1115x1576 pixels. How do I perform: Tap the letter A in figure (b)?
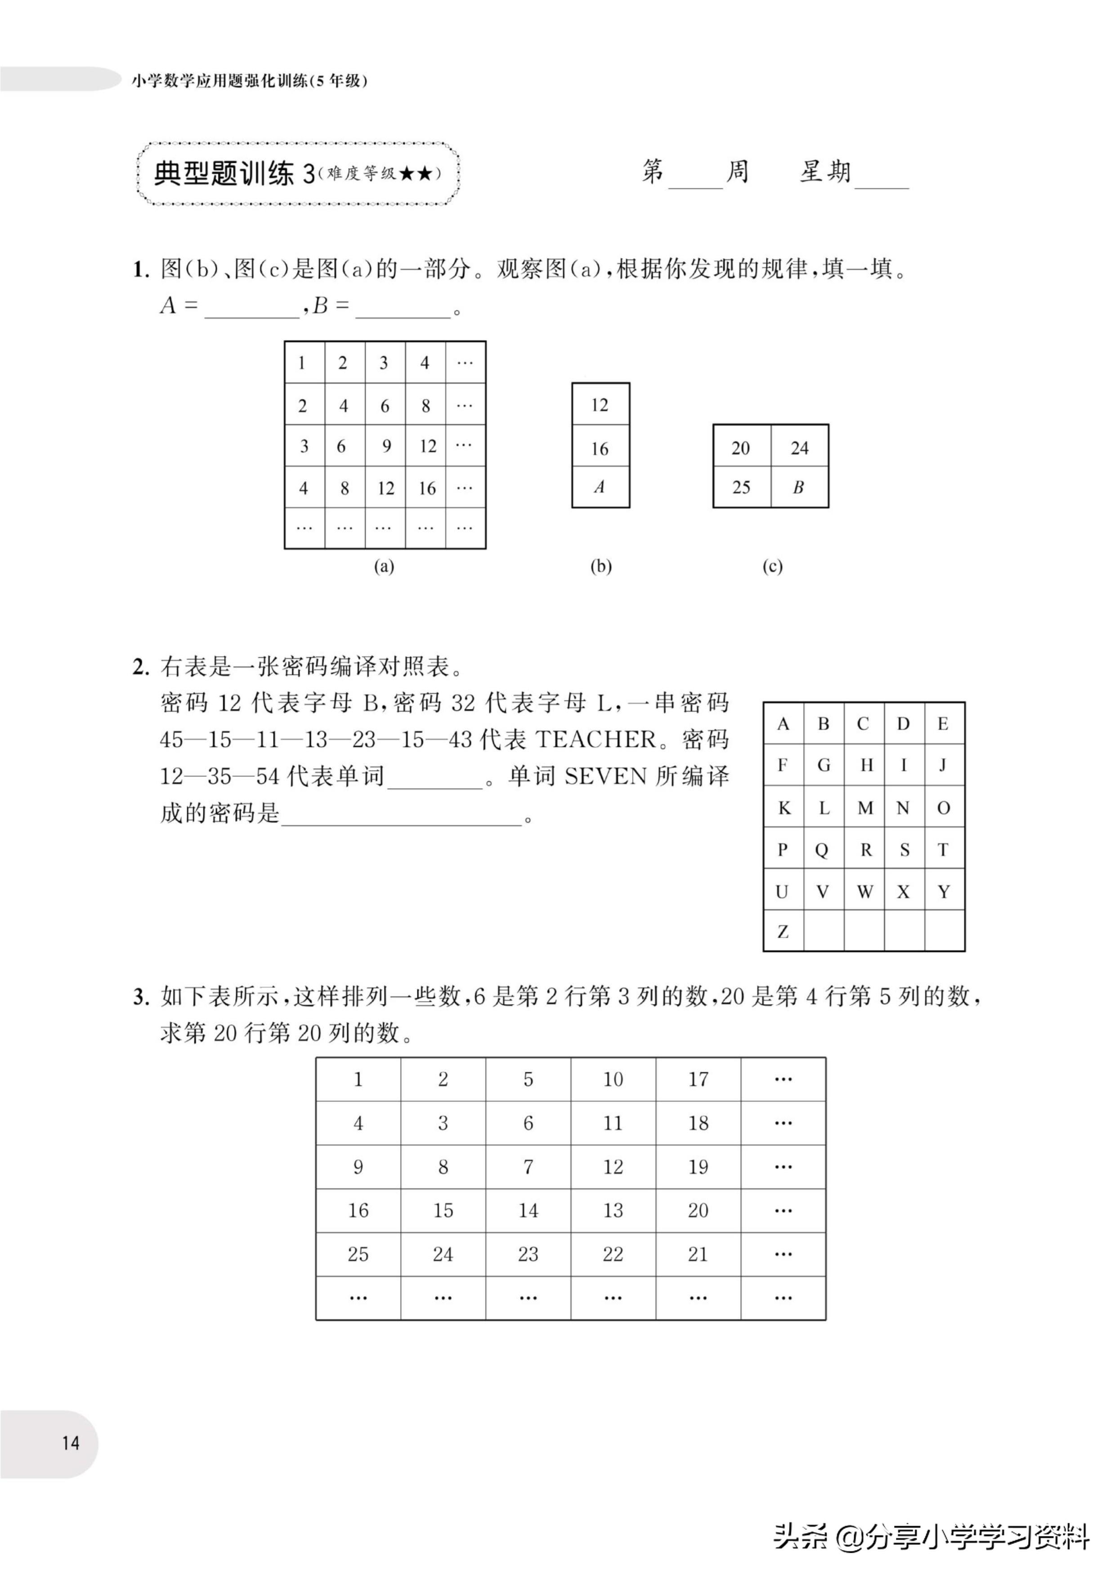tap(600, 487)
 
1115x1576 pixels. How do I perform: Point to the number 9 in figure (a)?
tap(386, 446)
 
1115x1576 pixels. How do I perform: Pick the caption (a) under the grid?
tap(384, 566)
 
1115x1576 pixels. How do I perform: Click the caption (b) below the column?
tap(601, 566)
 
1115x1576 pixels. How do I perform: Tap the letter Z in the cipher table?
tap(783, 931)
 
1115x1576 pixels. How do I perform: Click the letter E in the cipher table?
tap(943, 724)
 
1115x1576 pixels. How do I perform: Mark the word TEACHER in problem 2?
tap(595, 739)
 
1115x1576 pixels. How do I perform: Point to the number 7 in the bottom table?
tap(528, 1167)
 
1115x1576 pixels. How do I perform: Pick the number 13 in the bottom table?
tap(613, 1210)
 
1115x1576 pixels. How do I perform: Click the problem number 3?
tap(141, 997)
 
